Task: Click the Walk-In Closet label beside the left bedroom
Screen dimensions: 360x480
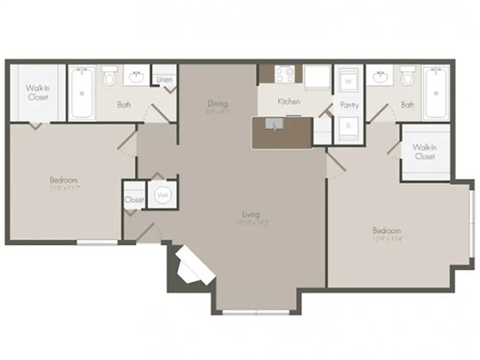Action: (38, 93)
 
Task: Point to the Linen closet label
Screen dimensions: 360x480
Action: (165, 79)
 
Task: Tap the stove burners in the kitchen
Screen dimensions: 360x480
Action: (273, 75)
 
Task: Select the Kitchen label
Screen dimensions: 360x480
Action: (289, 101)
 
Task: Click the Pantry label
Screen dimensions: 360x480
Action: (349, 103)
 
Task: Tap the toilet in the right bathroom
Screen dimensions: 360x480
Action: (408, 76)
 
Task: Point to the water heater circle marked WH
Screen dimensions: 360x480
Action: (161, 195)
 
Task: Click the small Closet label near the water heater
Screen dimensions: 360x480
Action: (134, 199)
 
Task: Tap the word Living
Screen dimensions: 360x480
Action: (250, 213)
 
